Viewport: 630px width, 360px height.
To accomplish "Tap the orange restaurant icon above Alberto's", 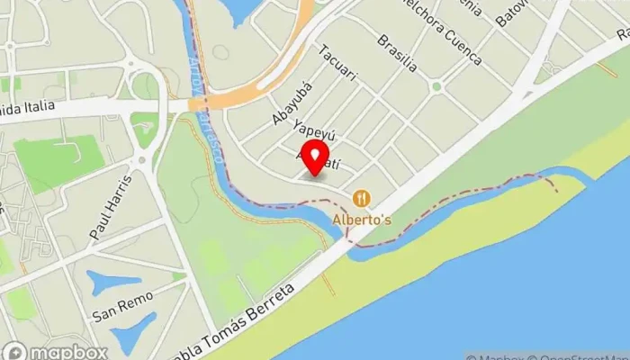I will pos(361,198).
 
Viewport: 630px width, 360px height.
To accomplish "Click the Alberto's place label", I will pos(360,219).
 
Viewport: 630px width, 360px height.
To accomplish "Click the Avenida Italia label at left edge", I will pos(27,107).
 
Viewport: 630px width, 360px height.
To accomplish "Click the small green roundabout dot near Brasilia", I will pos(436,86).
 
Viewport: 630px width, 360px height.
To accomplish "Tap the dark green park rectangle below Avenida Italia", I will pos(58,162).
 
